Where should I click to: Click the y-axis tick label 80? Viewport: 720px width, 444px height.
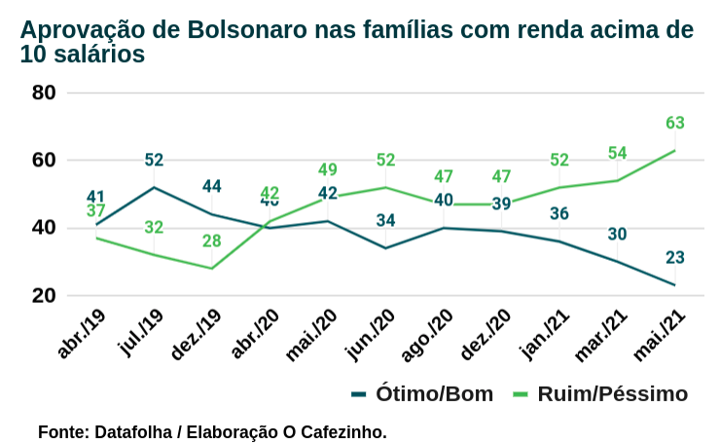45,93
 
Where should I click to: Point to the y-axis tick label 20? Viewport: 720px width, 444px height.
45,296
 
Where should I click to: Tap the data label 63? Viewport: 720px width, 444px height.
675,124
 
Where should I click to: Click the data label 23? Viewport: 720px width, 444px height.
675,258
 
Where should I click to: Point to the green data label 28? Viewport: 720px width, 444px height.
212,241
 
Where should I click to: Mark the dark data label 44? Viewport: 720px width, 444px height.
212,187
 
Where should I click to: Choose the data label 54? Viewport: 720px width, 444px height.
617,153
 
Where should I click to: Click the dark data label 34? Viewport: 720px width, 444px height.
385,220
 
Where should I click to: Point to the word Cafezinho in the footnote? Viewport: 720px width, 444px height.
346,430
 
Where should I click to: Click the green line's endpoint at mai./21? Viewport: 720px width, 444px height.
675,150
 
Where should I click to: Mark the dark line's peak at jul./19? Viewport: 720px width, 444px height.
154,187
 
